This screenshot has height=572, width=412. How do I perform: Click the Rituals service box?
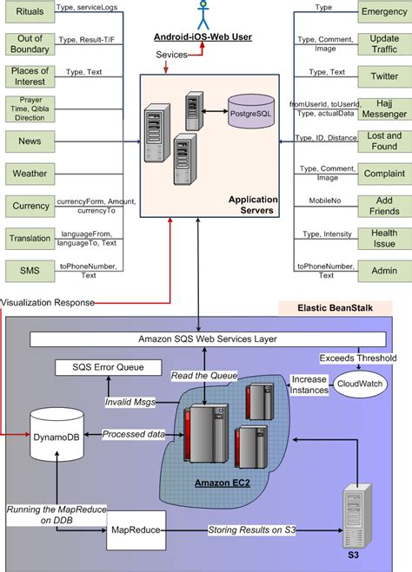[30, 12]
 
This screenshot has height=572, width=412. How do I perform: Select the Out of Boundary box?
[30, 43]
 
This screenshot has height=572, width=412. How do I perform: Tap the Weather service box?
[30, 173]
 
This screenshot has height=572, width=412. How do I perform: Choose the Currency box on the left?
[30, 206]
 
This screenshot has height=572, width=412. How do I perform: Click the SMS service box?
[30, 271]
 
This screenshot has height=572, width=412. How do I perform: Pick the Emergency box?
[383, 12]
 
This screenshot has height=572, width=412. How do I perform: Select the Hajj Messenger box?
[383, 108]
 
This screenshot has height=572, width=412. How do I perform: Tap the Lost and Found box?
[383, 141]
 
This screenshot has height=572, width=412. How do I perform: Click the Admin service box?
[383, 271]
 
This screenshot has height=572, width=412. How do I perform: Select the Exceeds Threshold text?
[358, 357]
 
